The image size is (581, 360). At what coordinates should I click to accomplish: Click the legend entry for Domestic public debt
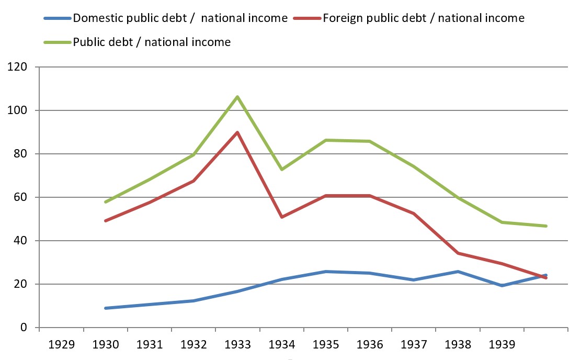(x=180, y=18)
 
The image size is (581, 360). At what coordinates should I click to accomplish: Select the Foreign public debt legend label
(x=423, y=18)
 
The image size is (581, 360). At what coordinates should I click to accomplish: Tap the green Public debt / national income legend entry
(x=152, y=42)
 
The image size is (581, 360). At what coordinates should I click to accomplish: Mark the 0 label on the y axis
(x=24, y=328)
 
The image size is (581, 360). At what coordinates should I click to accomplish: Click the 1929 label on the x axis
(x=61, y=346)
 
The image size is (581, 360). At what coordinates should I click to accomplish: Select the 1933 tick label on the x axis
(x=237, y=346)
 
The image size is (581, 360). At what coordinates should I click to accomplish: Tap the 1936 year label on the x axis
(x=370, y=346)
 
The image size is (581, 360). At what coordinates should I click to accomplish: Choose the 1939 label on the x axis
(x=502, y=346)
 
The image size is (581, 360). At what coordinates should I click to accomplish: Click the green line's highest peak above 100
(x=237, y=97)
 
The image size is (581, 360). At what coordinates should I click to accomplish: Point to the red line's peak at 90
(x=237, y=132)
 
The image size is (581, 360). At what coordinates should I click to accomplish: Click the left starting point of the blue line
(x=106, y=308)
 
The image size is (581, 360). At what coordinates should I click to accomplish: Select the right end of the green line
(x=546, y=226)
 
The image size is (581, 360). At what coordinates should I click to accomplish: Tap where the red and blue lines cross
(x=542, y=276)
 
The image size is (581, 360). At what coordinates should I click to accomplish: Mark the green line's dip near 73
(x=282, y=170)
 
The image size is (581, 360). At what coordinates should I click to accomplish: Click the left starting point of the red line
(x=106, y=221)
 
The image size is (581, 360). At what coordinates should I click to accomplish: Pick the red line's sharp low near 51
(x=282, y=217)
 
